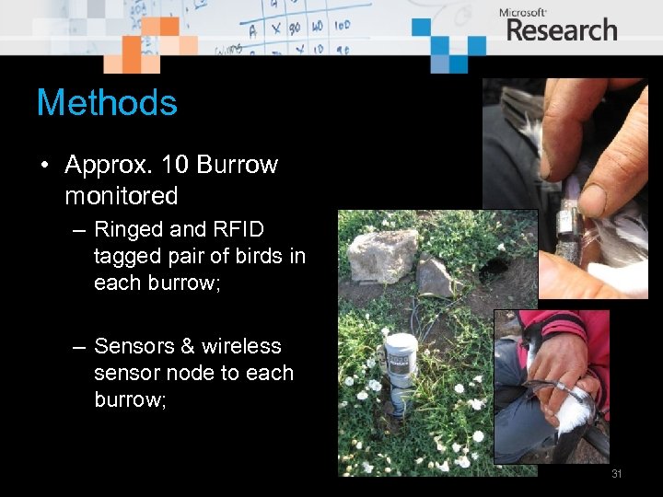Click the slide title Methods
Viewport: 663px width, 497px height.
(107, 102)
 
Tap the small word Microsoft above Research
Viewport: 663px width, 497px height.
(523, 12)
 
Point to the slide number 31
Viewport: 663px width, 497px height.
(617, 474)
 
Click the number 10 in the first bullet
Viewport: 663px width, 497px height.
(173, 166)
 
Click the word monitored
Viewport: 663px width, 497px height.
(121, 196)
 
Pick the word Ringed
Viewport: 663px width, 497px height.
(127, 229)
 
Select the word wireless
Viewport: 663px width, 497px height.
(241, 346)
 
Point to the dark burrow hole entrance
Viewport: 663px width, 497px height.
(498, 267)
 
